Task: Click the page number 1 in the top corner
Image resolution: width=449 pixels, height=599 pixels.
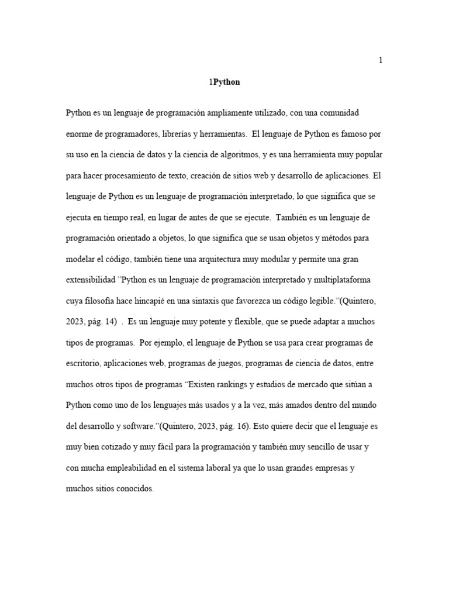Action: point(381,60)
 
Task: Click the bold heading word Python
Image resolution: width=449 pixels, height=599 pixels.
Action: point(226,82)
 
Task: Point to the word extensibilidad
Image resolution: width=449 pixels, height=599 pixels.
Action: point(91,280)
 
